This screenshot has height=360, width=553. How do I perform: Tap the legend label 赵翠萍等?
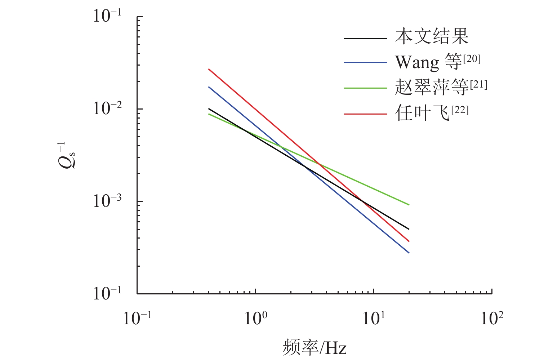(x=432, y=88)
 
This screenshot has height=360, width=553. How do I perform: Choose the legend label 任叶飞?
(x=422, y=114)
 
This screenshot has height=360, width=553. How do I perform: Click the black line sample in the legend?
(x=365, y=38)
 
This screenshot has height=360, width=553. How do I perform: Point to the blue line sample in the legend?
(x=365, y=63)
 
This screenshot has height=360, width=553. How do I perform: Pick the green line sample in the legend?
(x=365, y=88)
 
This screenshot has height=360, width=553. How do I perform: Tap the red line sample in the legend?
(x=365, y=114)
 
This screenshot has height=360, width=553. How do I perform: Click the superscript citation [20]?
(x=472, y=59)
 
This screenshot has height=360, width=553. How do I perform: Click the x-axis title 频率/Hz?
(x=315, y=348)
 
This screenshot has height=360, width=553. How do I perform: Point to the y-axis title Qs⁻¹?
(x=67, y=156)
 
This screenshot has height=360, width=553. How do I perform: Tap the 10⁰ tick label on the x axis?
(x=255, y=318)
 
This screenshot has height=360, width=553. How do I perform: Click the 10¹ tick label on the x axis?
(x=374, y=318)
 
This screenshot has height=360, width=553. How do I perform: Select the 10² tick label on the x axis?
(x=492, y=318)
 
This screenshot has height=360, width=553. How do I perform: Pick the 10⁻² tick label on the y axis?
(x=107, y=108)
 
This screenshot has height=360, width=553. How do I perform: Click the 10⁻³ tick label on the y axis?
(x=107, y=201)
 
